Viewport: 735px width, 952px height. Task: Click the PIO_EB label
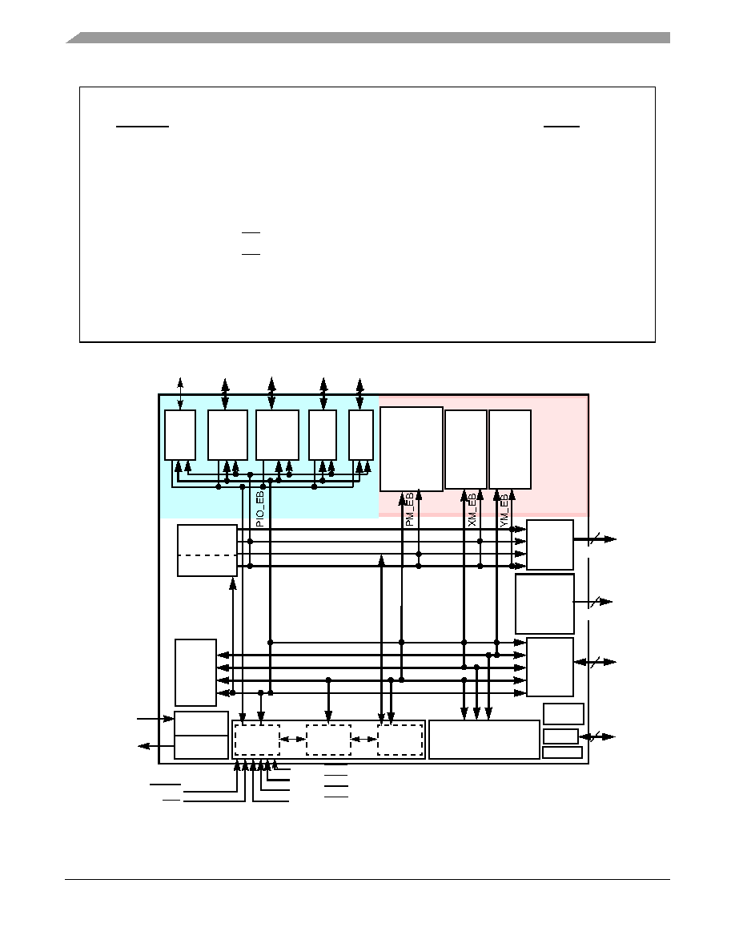click(259, 509)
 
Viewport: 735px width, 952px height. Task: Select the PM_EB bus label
click(409, 509)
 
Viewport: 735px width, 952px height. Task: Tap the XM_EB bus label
click(472, 510)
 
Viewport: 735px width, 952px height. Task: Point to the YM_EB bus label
click(504, 510)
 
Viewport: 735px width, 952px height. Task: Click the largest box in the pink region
click(412, 449)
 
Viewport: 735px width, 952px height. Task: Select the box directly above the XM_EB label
click(466, 450)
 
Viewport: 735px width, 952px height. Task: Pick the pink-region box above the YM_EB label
click(510, 450)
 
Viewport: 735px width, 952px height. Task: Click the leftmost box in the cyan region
click(180, 434)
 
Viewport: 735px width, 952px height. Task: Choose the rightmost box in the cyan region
click(361, 434)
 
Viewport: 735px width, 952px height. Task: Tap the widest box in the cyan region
click(277, 434)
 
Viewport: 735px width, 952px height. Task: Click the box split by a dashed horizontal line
click(207, 550)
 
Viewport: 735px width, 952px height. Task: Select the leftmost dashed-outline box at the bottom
click(257, 740)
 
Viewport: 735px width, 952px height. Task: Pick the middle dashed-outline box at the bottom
click(329, 740)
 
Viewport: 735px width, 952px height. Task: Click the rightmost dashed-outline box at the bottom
click(400, 740)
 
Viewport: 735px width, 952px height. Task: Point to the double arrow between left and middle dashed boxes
click(293, 739)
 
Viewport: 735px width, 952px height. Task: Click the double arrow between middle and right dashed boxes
click(363, 739)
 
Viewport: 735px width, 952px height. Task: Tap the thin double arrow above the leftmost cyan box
click(180, 393)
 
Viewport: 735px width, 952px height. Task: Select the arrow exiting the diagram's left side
click(156, 745)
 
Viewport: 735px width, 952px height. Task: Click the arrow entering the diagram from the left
click(156, 719)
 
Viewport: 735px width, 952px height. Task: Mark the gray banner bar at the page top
click(368, 38)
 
